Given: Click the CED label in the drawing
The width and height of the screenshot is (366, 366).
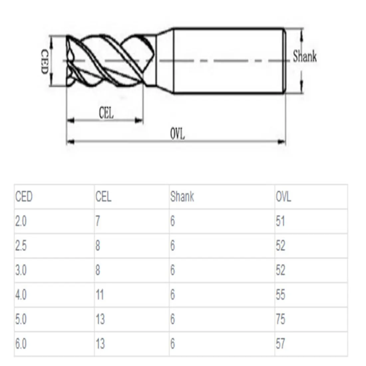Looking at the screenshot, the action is pyautogui.click(x=45, y=62).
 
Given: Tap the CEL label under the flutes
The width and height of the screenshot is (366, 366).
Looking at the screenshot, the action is pyautogui.click(x=106, y=113).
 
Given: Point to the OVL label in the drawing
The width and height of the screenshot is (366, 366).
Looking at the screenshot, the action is pyautogui.click(x=177, y=134).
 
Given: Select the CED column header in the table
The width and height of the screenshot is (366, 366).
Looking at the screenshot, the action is pyautogui.click(x=24, y=196).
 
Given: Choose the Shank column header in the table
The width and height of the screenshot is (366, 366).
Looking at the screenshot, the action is pyautogui.click(x=182, y=196).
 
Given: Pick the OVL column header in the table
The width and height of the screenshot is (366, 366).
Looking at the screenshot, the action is pyautogui.click(x=283, y=197).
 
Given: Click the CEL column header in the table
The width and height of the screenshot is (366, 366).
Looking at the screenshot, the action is pyautogui.click(x=103, y=196).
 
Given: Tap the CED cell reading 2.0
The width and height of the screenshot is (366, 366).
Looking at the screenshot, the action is pyautogui.click(x=21, y=221).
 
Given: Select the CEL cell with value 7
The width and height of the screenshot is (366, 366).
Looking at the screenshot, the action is pyautogui.click(x=97, y=221).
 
